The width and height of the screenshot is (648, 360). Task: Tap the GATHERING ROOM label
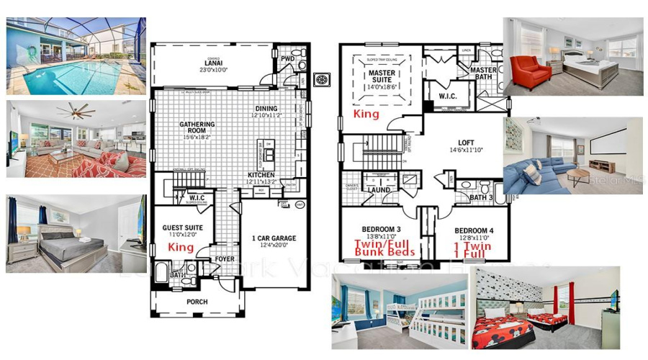click(x=197, y=128)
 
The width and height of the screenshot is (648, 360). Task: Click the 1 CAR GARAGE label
click(x=274, y=238)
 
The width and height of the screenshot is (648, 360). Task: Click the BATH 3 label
click(x=481, y=197)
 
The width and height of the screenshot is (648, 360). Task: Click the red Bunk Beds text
click(x=384, y=252)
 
